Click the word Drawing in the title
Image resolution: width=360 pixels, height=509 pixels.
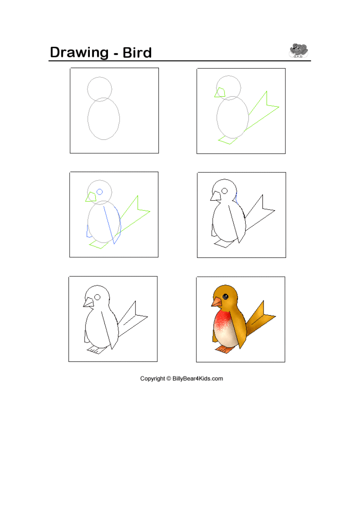(x=79, y=53)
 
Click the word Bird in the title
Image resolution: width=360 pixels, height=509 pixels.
(x=137, y=52)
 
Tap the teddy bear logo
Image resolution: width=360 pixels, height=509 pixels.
(x=298, y=50)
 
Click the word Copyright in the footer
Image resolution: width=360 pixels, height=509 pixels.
(x=152, y=378)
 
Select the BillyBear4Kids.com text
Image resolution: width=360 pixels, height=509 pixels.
(x=198, y=378)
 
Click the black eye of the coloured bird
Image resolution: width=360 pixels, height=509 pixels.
(x=225, y=296)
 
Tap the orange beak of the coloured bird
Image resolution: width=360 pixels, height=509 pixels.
(x=216, y=302)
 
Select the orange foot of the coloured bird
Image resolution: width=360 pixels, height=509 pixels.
(x=225, y=349)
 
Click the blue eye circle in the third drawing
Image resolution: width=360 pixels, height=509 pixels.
(x=100, y=192)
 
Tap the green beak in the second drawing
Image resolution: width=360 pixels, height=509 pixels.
(x=220, y=92)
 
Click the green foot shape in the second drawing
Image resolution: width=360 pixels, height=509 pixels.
(x=227, y=140)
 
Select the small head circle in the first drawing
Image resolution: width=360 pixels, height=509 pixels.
(x=100, y=77)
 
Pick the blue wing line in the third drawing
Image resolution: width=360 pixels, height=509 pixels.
(x=108, y=225)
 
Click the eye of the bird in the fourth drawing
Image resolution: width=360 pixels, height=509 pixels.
(x=225, y=191)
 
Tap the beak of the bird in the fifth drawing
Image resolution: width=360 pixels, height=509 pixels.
(x=89, y=303)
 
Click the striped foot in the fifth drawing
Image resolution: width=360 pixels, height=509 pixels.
(x=96, y=350)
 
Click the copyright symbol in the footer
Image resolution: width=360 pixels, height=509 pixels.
(x=169, y=378)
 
